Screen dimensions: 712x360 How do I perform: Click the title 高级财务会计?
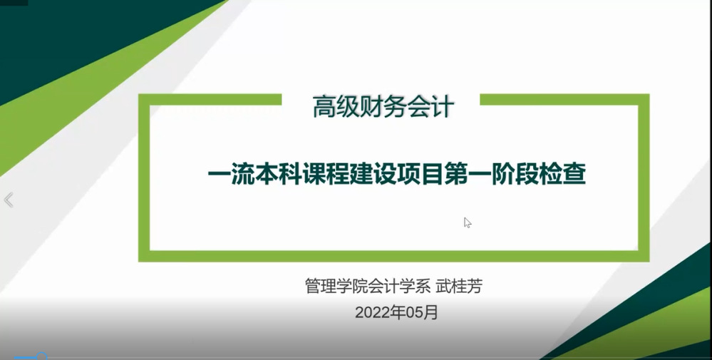[x=383, y=108]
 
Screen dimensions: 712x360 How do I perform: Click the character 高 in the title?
[x=324, y=108]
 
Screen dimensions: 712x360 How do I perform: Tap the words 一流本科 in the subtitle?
[x=254, y=175]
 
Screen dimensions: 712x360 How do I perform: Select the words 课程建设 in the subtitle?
[x=349, y=175]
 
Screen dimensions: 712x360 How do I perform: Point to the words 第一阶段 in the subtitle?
[x=491, y=175]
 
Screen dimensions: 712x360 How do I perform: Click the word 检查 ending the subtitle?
[x=562, y=175]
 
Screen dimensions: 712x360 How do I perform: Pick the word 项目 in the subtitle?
[x=420, y=175]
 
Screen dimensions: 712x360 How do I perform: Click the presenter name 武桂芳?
[x=459, y=287]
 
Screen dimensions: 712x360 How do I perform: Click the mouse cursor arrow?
[x=468, y=222]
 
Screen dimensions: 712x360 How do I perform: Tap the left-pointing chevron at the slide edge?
[x=9, y=200]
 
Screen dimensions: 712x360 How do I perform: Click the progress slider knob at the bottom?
[x=41, y=357]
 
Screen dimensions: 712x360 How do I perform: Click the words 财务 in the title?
[x=371, y=108]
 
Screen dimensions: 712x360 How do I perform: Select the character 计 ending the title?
[x=443, y=108]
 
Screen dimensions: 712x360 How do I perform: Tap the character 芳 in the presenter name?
[x=475, y=287]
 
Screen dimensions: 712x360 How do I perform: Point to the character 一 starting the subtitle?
[x=220, y=175]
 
